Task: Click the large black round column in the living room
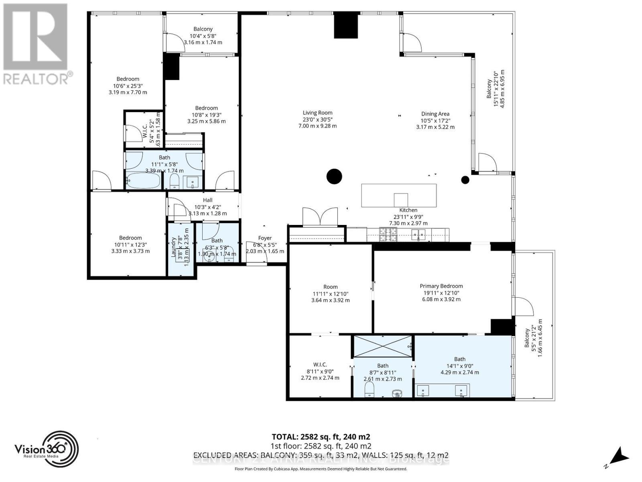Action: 334,176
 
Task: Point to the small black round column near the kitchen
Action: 465,180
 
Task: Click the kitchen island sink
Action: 400,200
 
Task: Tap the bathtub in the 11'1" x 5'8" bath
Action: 143,182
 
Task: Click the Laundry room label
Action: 174,247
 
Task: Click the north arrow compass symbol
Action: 618,457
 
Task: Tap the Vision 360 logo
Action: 47,449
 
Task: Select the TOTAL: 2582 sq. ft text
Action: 321,437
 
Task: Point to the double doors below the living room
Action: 320,217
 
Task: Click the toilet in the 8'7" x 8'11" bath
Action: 369,389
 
